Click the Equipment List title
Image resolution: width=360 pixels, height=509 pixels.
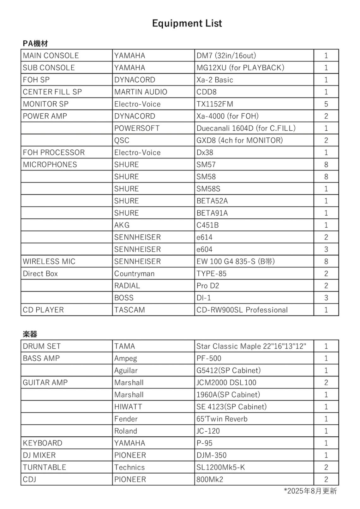point(187,23)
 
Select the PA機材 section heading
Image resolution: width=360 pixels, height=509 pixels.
point(35,43)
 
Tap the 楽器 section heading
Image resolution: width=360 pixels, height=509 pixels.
point(30,334)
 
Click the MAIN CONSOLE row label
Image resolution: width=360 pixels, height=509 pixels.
point(51,56)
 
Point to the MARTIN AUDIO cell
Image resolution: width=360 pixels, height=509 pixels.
point(141,92)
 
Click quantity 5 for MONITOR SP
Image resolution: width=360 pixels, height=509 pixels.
point(326,104)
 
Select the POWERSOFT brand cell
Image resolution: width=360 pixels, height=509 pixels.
point(137,128)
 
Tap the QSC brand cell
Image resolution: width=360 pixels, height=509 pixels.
point(122,140)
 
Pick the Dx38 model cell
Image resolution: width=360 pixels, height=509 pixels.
point(205,152)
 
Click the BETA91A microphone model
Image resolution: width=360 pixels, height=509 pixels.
point(212,213)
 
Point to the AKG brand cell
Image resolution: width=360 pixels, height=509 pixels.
point(122,225)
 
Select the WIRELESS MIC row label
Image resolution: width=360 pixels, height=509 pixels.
point(49,261)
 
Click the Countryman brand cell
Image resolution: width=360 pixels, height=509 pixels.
point(134,274)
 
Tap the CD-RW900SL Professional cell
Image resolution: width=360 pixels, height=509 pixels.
point(242,310)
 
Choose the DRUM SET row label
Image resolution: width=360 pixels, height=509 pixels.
point(42,346)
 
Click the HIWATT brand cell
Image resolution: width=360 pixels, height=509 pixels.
point(128,407)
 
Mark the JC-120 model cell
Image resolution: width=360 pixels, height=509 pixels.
point(208,431)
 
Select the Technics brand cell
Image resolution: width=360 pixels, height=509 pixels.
point(129,467)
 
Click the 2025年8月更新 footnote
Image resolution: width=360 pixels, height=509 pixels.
point(310,491)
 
